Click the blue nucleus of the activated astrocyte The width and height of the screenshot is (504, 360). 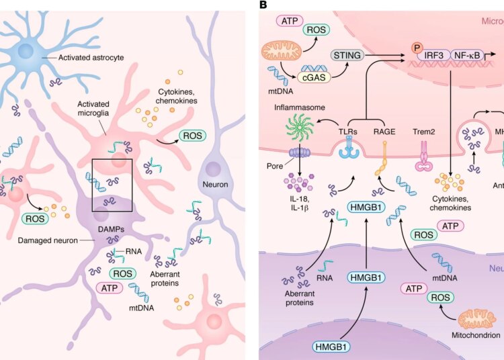28,49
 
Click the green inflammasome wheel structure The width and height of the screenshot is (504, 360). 300,128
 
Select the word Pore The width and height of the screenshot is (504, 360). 275,163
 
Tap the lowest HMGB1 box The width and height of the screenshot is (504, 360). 332,346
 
